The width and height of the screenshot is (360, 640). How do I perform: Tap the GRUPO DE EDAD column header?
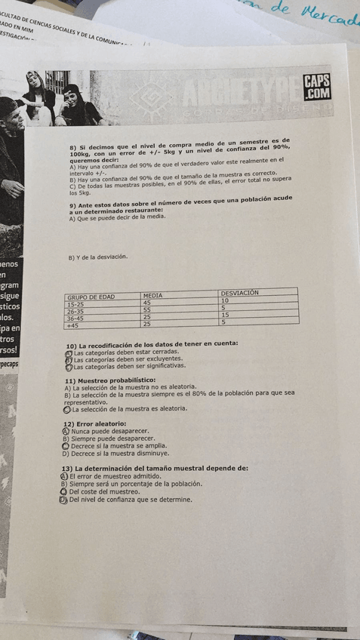[x=91, y=297]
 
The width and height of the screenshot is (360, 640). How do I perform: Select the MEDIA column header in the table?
[x=153, y=296]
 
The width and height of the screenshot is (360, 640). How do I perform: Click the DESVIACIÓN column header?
[x=240, y=293]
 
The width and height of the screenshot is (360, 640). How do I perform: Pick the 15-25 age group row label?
[x=75, y=304]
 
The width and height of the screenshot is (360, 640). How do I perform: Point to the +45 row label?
[x=72, y=326]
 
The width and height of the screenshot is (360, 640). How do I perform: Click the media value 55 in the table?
[x=147, y=309]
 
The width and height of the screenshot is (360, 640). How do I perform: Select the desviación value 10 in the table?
[x=225, y=300]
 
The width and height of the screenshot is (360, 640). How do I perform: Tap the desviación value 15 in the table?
[x=225, y=315]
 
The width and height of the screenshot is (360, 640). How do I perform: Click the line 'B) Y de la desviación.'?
[x=97, y=257]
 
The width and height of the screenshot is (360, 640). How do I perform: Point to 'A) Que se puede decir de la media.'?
[x=116, y=217]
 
